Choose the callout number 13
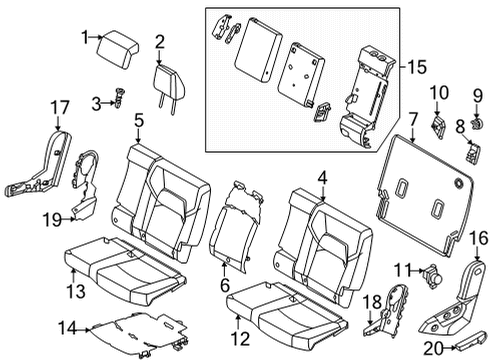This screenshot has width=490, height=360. coord(72,290)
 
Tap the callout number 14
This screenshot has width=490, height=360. coord(65,326)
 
